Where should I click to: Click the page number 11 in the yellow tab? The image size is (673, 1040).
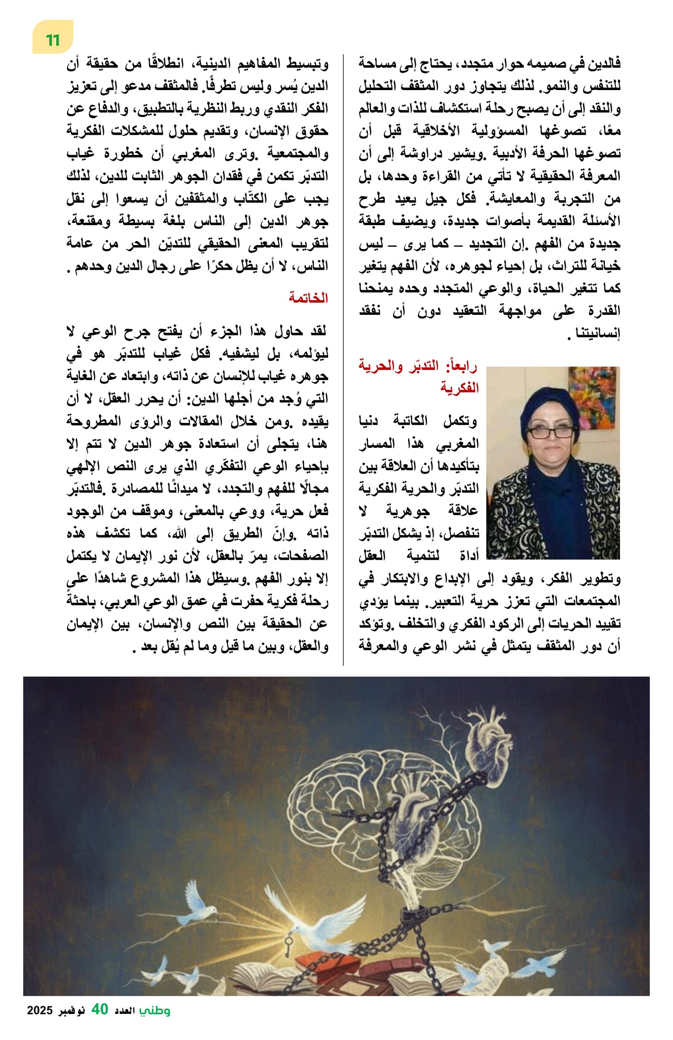[x=53, y=40]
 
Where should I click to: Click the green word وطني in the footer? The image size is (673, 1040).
[x=155, y=1022]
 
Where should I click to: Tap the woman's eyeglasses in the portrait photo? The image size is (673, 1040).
[x=550, y=432]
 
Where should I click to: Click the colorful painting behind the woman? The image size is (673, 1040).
[x=592, y=396]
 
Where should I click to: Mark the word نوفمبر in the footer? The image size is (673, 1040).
[x=70, y=1022]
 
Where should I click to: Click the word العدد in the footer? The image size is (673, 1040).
[x=125, y=1022]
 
